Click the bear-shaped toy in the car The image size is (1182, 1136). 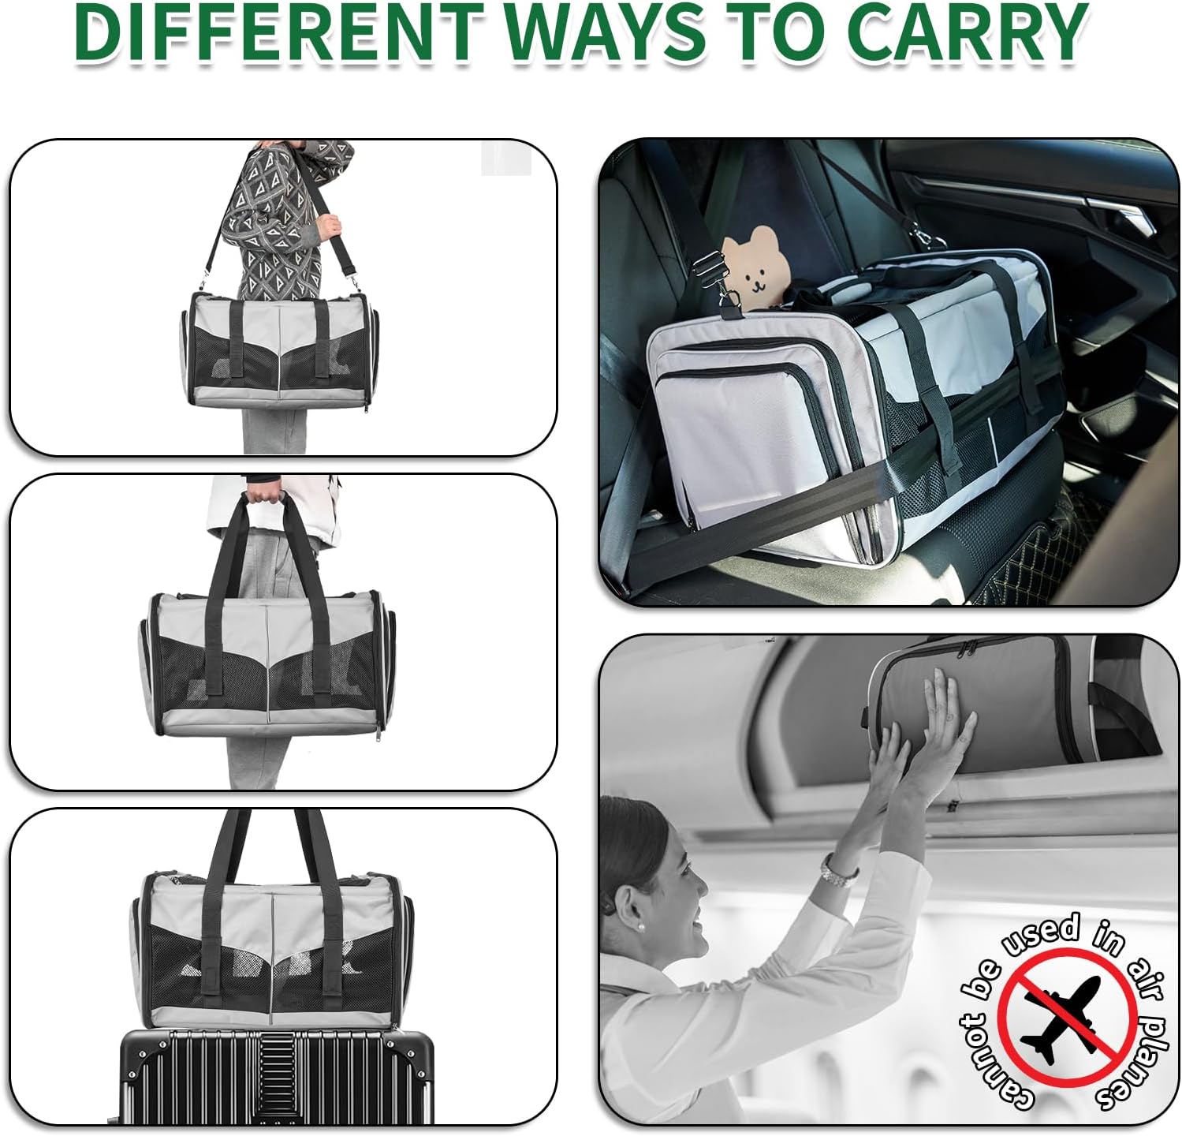[756, 267]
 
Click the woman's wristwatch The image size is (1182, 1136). [839, 869]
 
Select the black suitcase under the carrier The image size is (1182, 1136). [276, 1077]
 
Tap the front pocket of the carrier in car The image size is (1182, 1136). [749, 434]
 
